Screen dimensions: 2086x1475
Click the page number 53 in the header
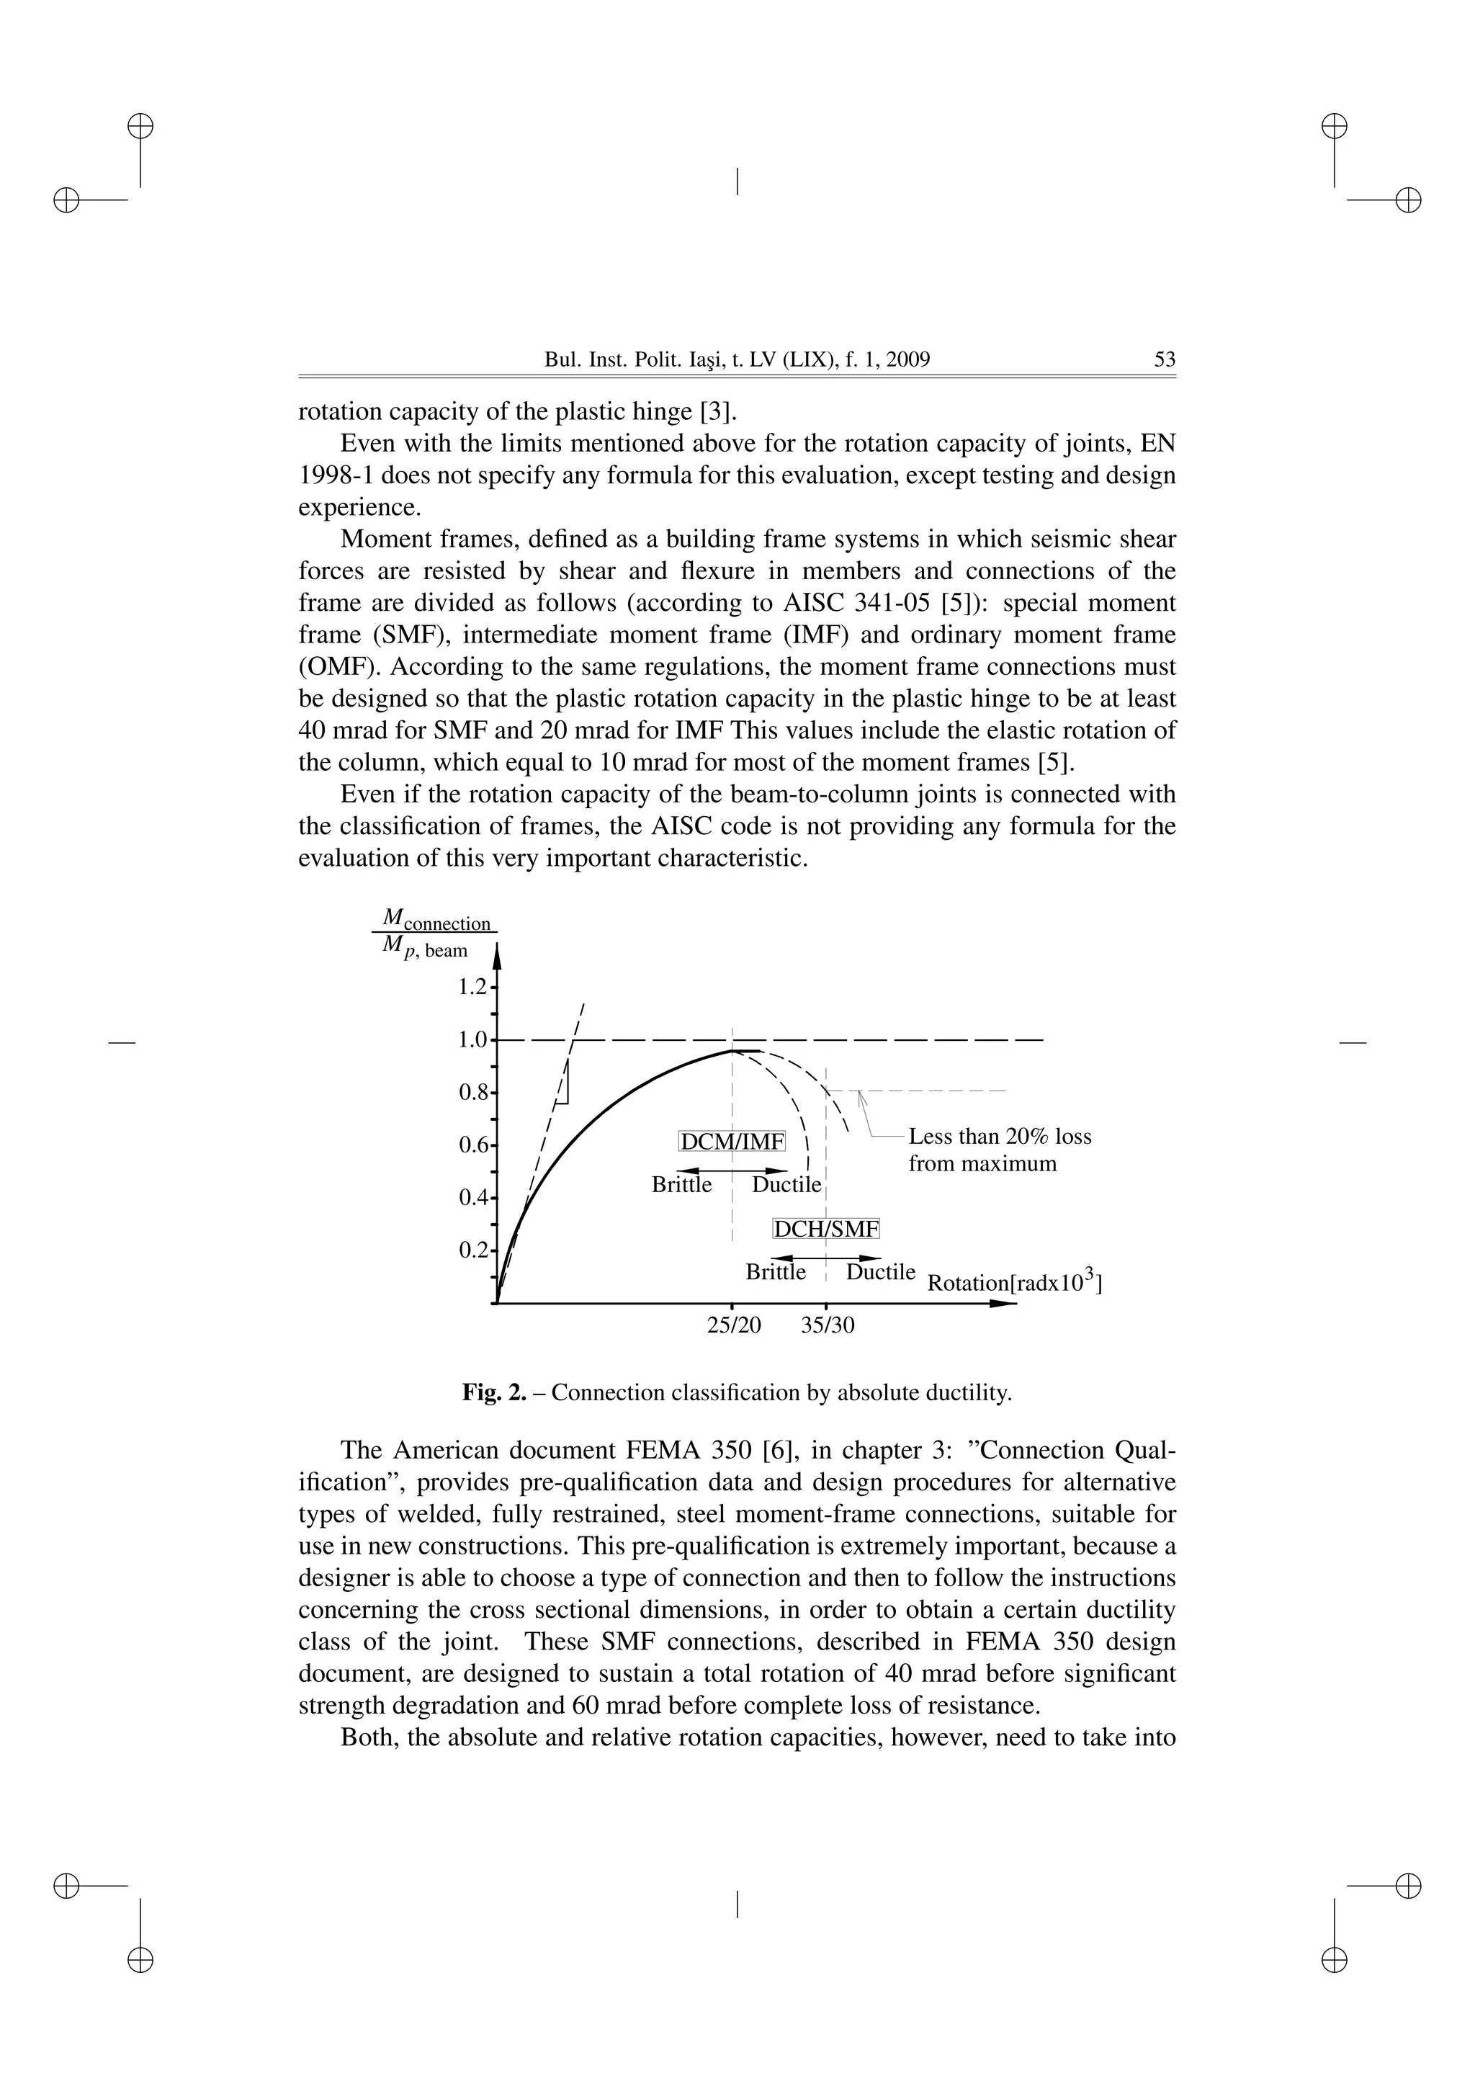tap(1165, 359)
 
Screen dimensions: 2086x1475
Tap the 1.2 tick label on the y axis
tap(472, 987)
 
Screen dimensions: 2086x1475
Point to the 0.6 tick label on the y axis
tap(472, 1146)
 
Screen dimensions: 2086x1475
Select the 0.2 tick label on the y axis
tap(472, 1251)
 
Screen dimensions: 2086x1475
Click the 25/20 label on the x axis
tap(734, 1325)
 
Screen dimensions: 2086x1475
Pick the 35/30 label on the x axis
tap(828, 1325)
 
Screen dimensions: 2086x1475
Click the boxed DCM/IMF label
tap(732, 1141)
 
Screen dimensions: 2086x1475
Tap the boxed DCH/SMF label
tap(825, 1230)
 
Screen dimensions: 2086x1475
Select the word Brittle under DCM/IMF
tap(681, 1185)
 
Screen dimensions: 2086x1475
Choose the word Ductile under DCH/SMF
tap(880, 1272)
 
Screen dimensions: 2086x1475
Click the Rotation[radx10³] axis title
tap(1013, 1283)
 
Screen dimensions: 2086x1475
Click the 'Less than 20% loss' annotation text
tap(999, 1137)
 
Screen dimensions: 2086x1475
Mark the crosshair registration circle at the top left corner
tap(140, 125)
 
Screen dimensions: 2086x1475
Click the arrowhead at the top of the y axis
tap(497, 954)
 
